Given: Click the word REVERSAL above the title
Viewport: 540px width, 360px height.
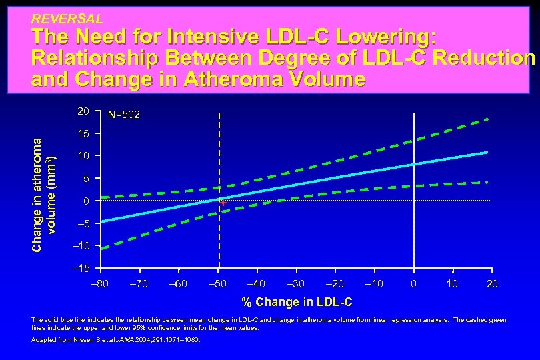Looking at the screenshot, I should click(x=67, y=19).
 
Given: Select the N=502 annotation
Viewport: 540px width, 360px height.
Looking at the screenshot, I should click(x=123, y=115).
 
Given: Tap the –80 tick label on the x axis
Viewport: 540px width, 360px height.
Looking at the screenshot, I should click(x=100, y=285).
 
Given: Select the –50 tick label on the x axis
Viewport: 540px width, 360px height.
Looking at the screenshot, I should click(x=218, y=285).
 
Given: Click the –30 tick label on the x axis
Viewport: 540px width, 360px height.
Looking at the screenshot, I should click(x=296, y=285).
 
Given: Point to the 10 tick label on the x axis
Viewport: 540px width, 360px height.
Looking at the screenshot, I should click(x=453, y=285).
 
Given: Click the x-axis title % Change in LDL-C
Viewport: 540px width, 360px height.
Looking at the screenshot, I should click(x=297, y=302).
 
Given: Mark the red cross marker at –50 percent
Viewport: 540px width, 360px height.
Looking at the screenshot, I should click(x=223, y=202).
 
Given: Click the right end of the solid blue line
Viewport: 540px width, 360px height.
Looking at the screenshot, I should click(x=487, y=153).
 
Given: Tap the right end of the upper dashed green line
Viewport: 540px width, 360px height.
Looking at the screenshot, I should click(x=488, y=119).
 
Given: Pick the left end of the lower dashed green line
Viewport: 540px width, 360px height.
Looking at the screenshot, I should click(x=103, y=247).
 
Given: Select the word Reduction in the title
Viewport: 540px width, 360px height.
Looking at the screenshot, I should click(x=483, y=58).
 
